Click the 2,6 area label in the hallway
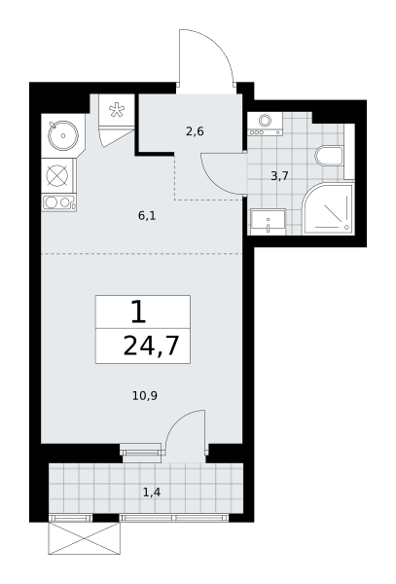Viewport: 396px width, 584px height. [195, 131]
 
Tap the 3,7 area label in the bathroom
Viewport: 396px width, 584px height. [279, 176]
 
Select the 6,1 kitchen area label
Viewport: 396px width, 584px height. [147, 215]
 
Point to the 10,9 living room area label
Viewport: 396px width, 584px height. [145, 395]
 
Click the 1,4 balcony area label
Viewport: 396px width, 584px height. [152, 493]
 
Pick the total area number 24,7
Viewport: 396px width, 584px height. [151, 346]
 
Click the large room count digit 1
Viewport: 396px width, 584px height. [139, 311]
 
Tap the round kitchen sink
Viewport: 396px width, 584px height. [63, 135]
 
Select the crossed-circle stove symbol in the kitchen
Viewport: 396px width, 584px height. [57, 175]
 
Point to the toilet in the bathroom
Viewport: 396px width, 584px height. [329, 156]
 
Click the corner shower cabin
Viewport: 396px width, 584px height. [328, 209]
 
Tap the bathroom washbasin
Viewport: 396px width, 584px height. [268, 222]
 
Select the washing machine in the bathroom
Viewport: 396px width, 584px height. [265, 124]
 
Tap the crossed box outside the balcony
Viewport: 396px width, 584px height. [84, 538]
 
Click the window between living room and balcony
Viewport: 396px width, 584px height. [142, 453]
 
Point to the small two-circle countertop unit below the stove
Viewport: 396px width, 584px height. [58, 202]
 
